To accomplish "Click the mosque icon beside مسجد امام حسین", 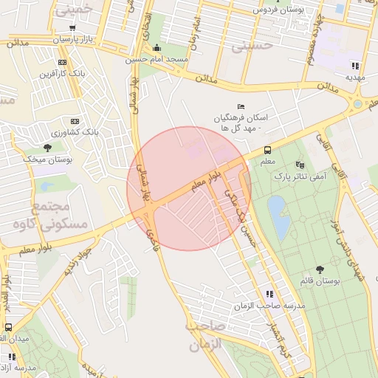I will tap(157, 49).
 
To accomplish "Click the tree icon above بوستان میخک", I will tap(47, 148).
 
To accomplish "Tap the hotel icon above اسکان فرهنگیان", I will tap(239, 106).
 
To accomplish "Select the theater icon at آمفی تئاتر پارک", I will tap(299, 165).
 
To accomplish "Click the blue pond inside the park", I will tap(279, 217).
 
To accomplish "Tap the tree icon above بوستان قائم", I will tap(320, 270).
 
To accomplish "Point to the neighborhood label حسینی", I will tap(252, 46).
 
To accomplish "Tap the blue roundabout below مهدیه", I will tap(357, 104).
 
